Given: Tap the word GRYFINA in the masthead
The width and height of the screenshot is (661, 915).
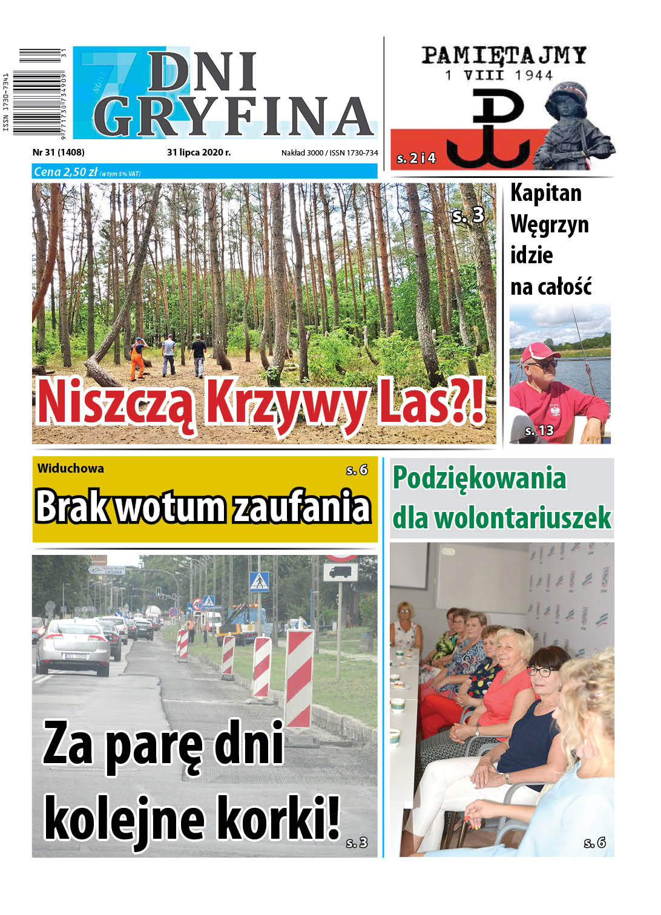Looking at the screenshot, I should (x=234, y=117).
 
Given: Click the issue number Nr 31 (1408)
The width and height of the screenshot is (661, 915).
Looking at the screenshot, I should (x=59, y=152).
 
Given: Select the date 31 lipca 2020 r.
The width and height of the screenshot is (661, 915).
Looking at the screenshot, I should (x=199, y=152).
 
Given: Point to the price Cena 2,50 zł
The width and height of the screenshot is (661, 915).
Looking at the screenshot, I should (x=66, y=172).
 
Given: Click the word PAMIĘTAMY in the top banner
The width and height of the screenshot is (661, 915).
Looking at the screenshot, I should (x=504, y=56).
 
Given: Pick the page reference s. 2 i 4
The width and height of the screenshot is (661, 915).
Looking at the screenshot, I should (x=416, y=159).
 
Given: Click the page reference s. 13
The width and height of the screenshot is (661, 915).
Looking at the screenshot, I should (x=539, y=431).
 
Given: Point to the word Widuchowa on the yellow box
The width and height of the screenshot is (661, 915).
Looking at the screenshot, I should (x=70, y=468).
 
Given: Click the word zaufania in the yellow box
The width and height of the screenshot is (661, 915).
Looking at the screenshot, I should (x=301, y=507).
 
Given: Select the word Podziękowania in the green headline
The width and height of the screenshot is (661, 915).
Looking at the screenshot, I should (x=479, y=478).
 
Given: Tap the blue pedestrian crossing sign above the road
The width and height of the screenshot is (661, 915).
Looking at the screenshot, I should (x=259, y=581).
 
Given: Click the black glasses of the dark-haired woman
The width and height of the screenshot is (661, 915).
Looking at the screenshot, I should (x=542, y=671).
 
